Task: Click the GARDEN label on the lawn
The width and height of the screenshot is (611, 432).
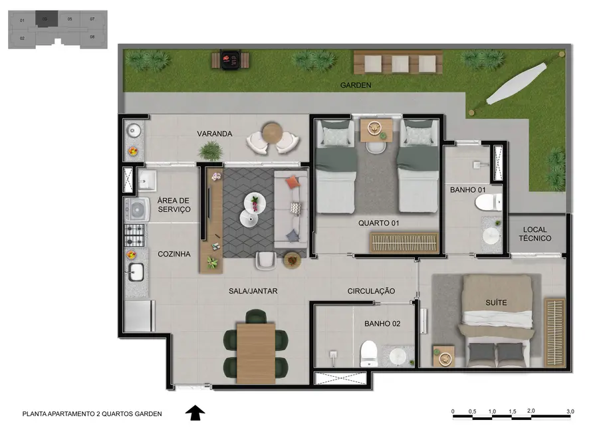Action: (x=355, y=85)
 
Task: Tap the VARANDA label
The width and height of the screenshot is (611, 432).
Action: (x=214, y=134)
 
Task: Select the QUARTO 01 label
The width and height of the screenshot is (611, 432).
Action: (x=378, y=223)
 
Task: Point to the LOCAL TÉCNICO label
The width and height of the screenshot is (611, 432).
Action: (x=535, y=233)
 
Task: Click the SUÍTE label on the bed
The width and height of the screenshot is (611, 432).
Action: (x=496, y=302)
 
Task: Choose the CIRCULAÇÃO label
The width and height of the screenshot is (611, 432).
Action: (x=371, y=291)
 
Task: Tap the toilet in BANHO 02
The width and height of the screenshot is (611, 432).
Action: (x=368, y=353)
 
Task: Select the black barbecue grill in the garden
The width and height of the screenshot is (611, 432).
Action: (x=231, y=60)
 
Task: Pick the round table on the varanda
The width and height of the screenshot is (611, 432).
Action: (x=272, y=133)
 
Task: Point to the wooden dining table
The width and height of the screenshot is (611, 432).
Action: (x=255, y=352)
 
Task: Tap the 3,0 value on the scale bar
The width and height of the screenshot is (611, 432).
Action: (x=570, y=412)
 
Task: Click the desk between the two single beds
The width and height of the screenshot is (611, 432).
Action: (x=376, y=130)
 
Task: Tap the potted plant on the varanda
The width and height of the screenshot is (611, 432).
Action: (x=211, y=151)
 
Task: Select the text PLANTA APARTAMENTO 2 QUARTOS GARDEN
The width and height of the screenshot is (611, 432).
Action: (x=92, y=413)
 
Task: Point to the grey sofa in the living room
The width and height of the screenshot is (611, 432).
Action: (x=294, y=206)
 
